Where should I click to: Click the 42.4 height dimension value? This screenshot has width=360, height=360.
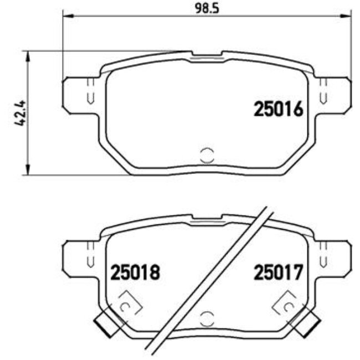pos(20,114)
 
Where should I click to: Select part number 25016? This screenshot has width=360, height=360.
pos(279,110)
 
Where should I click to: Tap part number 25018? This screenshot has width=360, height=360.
pos(135,272)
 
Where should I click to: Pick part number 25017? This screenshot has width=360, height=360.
pos(279,272)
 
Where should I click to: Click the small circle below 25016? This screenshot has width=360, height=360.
pos(207,156)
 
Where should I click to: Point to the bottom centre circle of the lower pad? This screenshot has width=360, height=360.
pos(207,318)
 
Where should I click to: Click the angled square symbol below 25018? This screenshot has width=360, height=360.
pos(127,304)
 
